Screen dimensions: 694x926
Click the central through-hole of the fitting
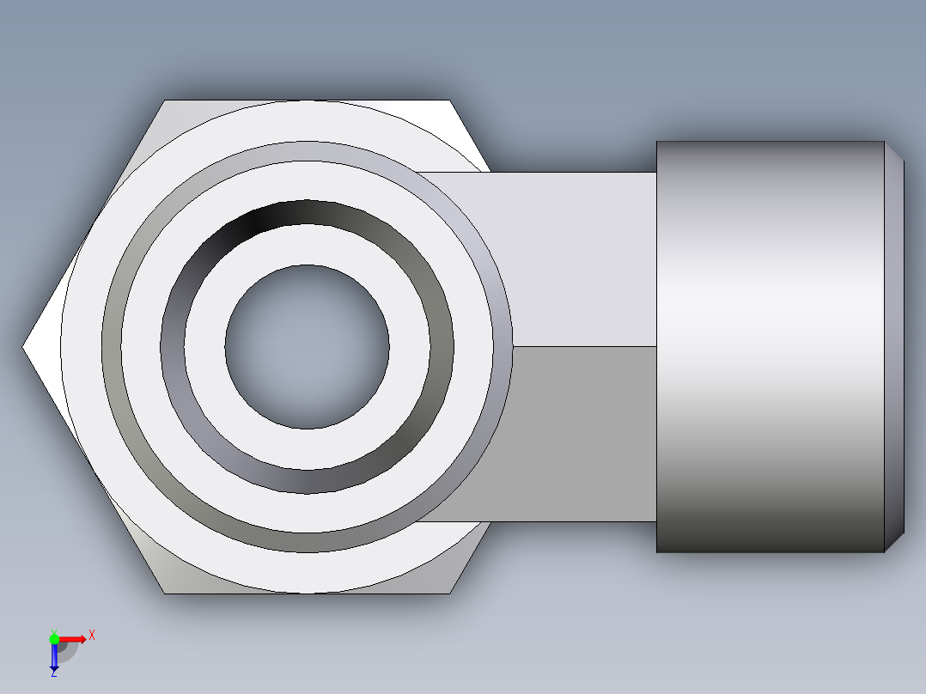307,346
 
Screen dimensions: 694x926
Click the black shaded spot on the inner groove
258,218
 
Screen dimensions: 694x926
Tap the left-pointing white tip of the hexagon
31,346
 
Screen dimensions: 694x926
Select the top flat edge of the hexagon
307,100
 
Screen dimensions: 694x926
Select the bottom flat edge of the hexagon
307,593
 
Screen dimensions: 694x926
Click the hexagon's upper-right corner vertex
450,100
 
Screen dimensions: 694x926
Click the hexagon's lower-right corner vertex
450,593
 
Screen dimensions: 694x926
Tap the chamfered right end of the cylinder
894,346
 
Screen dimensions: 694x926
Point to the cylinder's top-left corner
658,143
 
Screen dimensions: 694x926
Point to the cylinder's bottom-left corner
658,551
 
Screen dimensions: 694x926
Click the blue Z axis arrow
54,657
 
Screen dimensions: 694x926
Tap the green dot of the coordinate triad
54,637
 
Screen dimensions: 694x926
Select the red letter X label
92,635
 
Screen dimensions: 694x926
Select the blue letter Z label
54,673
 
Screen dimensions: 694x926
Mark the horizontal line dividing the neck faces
584,346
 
